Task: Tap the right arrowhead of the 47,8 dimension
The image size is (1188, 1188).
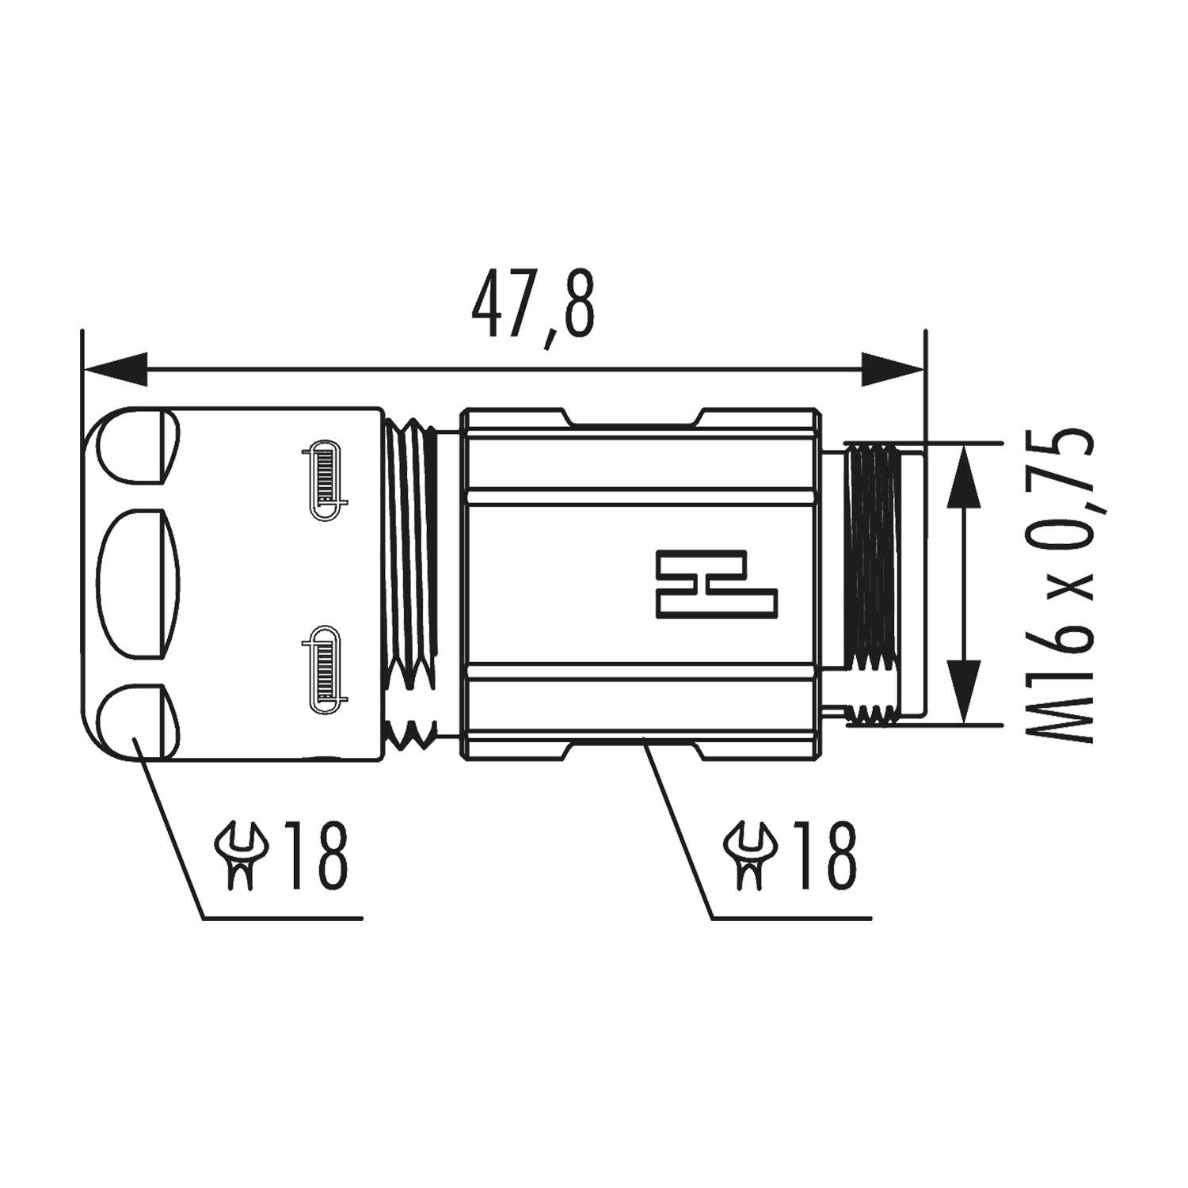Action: pyautogui.click(x=892, y=369)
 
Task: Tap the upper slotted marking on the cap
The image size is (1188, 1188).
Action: pyautogui.click(x=325, y=481)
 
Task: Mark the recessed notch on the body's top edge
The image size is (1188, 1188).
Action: pyautogui.click(x=634, y=418)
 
